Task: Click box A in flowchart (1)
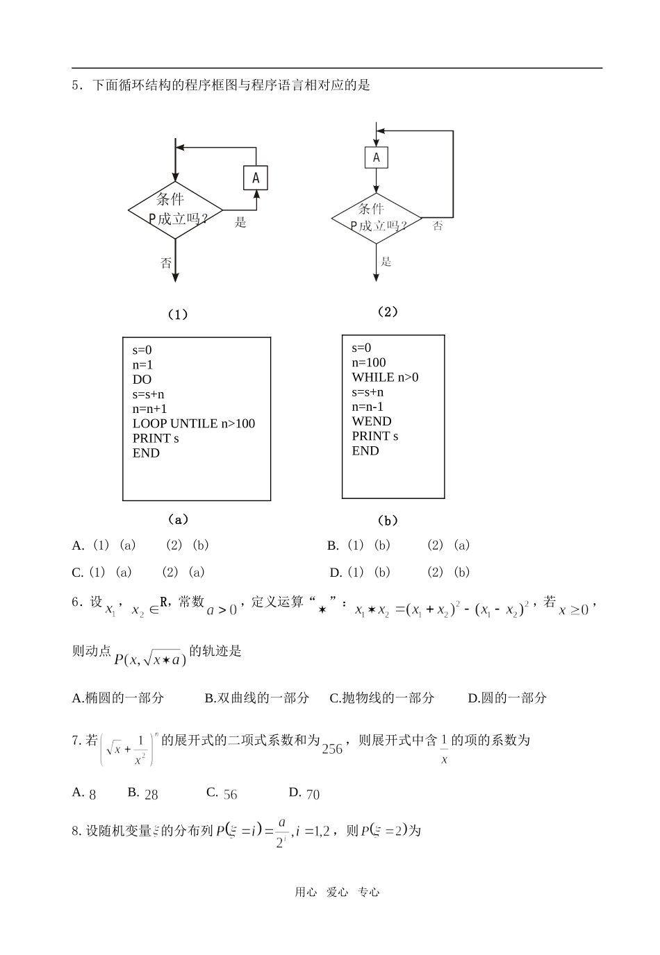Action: [256, 178]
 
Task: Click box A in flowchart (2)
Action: [377, 158]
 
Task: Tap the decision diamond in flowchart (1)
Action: [175, 210]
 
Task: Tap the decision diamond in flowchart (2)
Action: [377, 218]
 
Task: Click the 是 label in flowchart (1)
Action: [240, 223]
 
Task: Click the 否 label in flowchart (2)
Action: [438, 226]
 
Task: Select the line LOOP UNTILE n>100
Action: [193, 423]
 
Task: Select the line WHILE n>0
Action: [385, 377]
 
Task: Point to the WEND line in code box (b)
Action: [372, 421]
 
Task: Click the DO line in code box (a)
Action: [142, 380]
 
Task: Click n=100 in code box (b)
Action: [369, 362]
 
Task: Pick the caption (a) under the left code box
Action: [179, 519]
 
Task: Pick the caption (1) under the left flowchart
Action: [178, 314]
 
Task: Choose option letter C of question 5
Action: [77, 573]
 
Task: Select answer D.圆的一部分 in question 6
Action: [507, 698]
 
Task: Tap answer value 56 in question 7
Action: [230, 795]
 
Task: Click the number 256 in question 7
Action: [332, 749]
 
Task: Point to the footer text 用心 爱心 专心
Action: [337, 893]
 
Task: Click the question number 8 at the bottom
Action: [76, 830]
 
